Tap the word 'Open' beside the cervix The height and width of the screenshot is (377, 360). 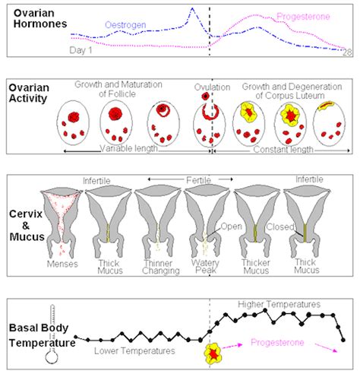[x=230, y=226]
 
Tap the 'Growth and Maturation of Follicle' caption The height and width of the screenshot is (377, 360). [x=125, y=90]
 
